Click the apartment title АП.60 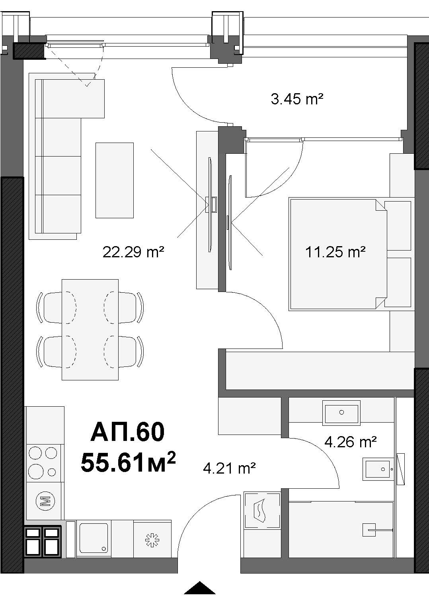coord(128,431)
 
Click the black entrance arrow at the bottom coord(200,587)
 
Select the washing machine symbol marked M coord(45,501)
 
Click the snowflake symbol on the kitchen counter coord(152,540)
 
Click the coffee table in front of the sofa coord(115,180)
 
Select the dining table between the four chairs coord(90,329)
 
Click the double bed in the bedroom coord(338,254)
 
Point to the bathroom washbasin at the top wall coord(341,413)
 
